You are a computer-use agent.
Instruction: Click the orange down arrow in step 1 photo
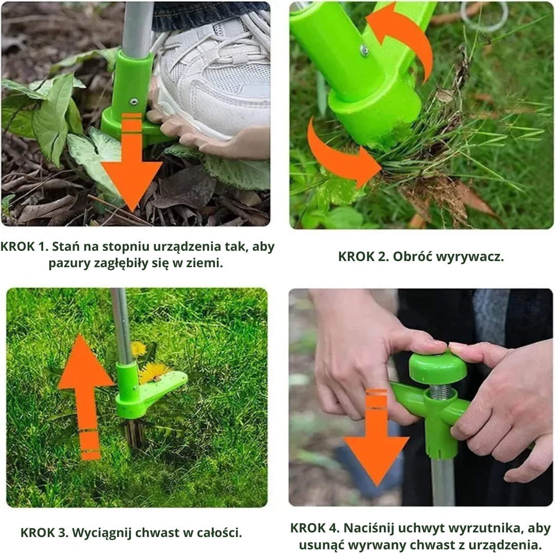[x=132, y=166]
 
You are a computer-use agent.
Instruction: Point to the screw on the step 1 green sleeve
[x=134, y=102]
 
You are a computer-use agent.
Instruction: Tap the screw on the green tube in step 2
[x=364, y=50]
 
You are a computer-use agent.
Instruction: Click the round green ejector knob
[x=438, y=367]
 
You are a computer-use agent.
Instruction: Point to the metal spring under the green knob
[x=441, y=391]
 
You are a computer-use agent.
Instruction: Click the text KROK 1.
[x=24, y=247]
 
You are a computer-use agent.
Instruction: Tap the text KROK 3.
[x=44, y=533]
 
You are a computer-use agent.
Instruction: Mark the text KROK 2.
[x=363, y=256]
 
